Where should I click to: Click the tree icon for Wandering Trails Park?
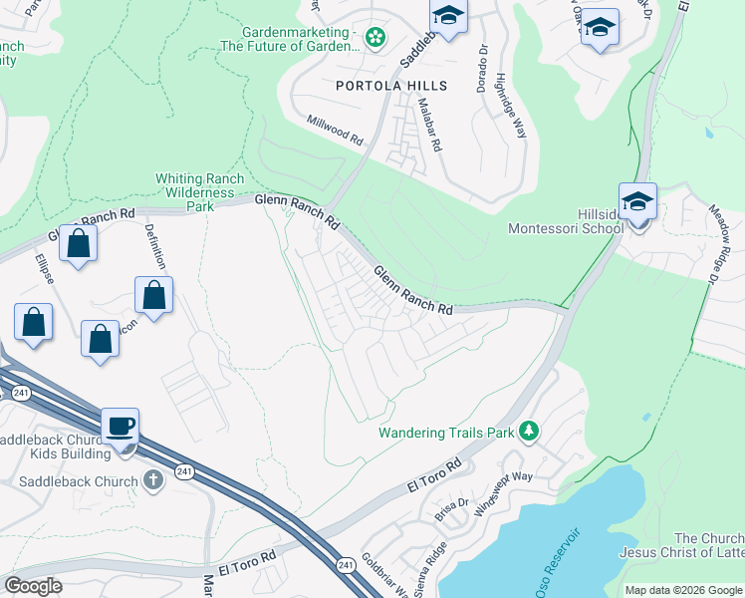point(531,431)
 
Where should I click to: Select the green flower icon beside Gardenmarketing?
point(375,38)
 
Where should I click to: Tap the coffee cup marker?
point(121,427)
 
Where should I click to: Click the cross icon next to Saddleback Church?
point(152,481)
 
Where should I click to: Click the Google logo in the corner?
point(33,586)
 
